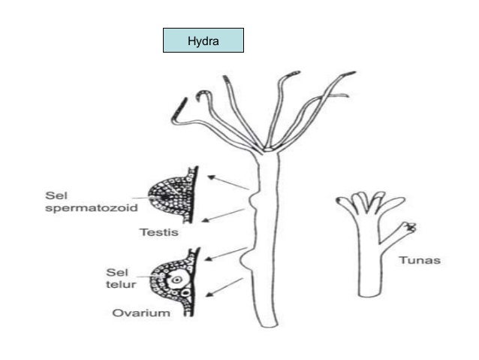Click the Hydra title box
click(203, 40)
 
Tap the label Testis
click(159, 232)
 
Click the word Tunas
click(419, 261)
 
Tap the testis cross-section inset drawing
click(173, 193)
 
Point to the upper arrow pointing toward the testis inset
click(228, 183)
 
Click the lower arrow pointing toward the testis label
click(224, 216)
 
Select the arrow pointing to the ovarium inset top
click(226, 253)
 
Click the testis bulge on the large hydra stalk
click(255, 202)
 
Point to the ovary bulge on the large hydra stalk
click(244, 262)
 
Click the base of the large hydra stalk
click(269, 322)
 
